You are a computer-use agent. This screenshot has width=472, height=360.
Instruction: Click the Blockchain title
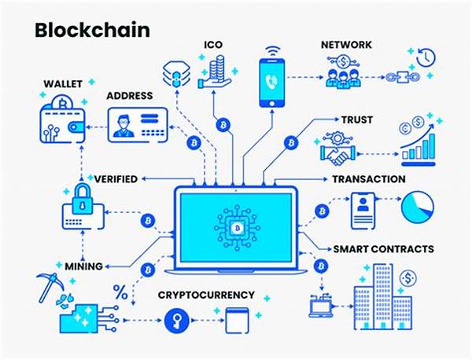click(x=92, y=30)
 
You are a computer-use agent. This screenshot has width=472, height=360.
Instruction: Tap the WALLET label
click(x=63, y=84)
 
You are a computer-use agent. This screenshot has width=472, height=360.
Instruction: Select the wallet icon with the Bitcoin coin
click(x=63, y=119)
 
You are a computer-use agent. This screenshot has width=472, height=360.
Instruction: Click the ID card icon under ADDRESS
click(x=138, y=125)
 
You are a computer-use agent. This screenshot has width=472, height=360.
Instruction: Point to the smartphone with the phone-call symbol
click(x=272, y=79)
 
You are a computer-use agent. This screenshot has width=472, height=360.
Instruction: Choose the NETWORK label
click(x=346, y=45)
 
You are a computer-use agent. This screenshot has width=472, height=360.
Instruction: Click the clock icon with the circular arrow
click(x=426, y=57)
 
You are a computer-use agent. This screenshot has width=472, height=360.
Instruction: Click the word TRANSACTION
click(x=369, y=179)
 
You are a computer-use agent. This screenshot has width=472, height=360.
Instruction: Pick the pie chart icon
click(x=418, y=207)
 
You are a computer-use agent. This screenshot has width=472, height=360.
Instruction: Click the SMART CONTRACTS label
click(x=384, y=249)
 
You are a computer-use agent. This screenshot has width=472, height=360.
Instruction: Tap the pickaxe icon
click(x=50, y=287)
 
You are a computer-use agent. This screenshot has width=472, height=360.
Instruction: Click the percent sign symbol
click(x=120, y=292)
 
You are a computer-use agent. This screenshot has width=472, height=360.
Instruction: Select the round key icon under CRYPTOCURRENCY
click(x=177, y=321)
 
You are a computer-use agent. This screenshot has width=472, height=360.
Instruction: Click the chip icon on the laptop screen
click(x=237, y=228)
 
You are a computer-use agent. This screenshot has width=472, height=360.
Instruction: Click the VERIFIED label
click(x=116, y=179)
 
